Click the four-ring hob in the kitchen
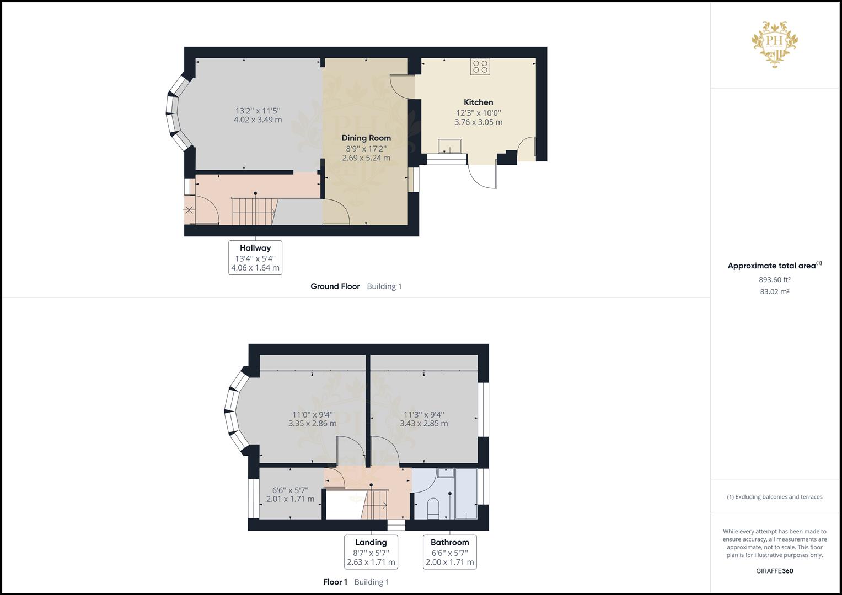pyautogui.click(x=480, y=67)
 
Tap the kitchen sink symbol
pyautogui.click(x=450, y=146)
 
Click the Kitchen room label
pyautogui.click(x=478, y=102)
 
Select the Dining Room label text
pyautogui.click(x=366, y=138)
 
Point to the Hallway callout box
pyautogui.click(x=255, y=258)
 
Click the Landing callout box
pyautogui.click(x=371, y=552)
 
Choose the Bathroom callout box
pyautogui.click(x=449, y=552)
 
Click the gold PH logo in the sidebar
pyautogui.click(x=775, y=44)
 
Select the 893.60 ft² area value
pyautogui.click(x=774, y=279)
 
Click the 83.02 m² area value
pyautogui.click(x=774, y=291)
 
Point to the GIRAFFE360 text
pyautogui.click(x=775, y=571)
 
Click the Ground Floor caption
pyautogui.click(x=335, y=286)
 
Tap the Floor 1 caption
pyautogui.click(x=335, y=582)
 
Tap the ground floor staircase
pyautogui.click(x=254, y=210)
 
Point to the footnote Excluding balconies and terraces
pyautogui.click(x=774, y=497)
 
